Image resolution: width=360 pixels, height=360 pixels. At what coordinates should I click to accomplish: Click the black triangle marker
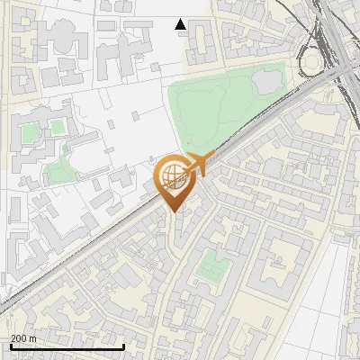tap(181, 24)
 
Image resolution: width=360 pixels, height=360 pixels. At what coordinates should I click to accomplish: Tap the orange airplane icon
tap(199, 163)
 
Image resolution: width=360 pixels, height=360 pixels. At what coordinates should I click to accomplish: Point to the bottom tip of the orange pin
tap(173, 212)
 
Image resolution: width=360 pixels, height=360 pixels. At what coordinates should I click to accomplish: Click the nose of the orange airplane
tap(215, 154)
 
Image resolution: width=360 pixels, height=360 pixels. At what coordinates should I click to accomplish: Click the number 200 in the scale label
tap(19, 338)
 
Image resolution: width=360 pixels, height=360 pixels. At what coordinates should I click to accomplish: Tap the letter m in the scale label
tap(32, 338)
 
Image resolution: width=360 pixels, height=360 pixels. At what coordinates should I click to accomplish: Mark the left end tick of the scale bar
tap(11, 346)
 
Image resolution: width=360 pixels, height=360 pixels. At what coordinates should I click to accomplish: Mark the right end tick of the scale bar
tap(123, 346)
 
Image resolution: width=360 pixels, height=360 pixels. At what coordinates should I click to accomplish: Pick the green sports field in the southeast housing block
tap(213, 265)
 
